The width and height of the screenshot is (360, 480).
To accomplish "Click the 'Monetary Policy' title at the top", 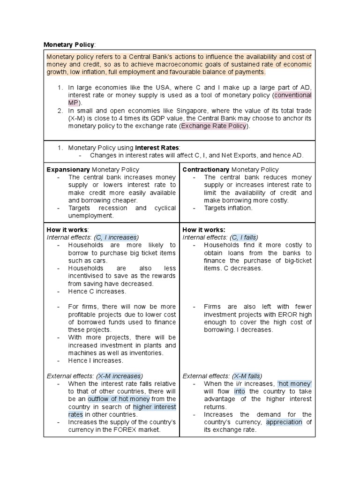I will (69, 45).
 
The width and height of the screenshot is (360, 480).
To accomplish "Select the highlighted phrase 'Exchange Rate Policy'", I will (213, 126).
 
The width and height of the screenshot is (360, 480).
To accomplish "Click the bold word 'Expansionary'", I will (68, 169).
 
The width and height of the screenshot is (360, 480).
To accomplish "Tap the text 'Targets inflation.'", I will (228, 208).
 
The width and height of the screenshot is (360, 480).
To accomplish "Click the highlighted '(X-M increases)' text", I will (120, 376).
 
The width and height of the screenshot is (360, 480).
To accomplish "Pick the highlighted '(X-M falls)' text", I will (247, 376).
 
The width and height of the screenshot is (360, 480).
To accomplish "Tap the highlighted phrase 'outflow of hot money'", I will (119, 399).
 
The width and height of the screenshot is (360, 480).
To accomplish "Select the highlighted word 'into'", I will (240, 391).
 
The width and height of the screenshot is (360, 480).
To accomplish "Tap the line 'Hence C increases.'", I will (97, 291).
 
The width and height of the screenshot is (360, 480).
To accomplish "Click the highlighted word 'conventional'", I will (293, 95).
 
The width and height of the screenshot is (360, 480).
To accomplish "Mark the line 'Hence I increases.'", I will (96, 360).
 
